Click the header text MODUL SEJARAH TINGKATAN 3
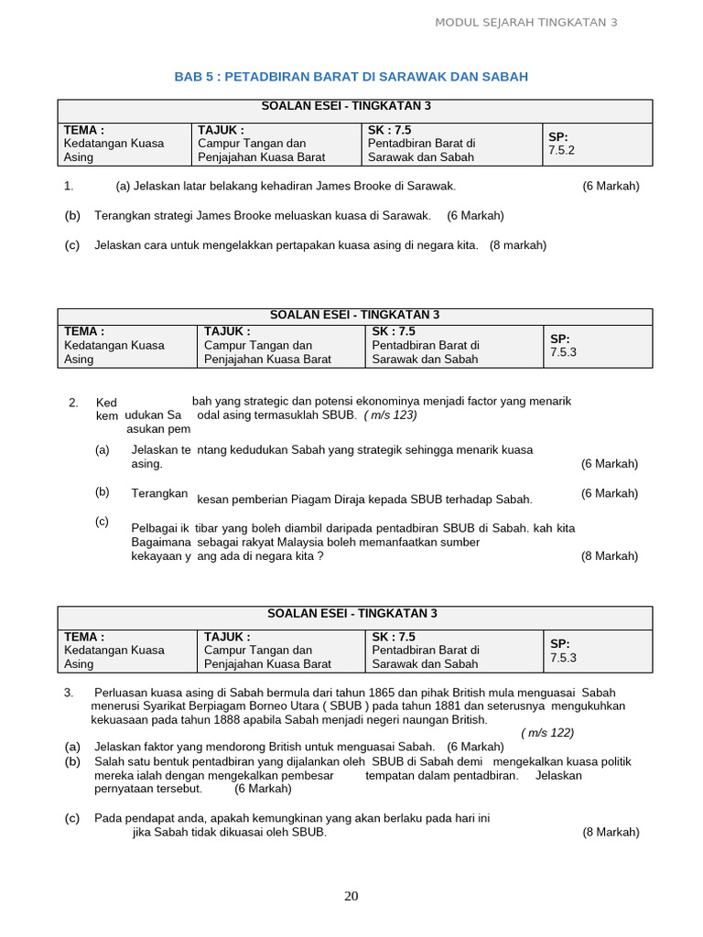pyautogui.click(x=525, y=22)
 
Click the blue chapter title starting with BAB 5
pyautogui.click(x=351, y=77)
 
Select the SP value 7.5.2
pyautogui.click(x=561, y=150)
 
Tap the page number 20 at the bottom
pyautogui.click(x=351, y=896)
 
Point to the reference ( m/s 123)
pyautogui.click(x=390, y=415)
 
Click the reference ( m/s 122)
pyautogui.click(x=547, y=732)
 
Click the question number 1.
pyautogui.click(x=69, y=187)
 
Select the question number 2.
pyautogui.click(x=73, y=402)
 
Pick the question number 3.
pyautogui.click(x=69, y=692)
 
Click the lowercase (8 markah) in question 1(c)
pyautogui.click(x=517, y=245)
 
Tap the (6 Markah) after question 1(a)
pyautogui.click(x=611, y=187)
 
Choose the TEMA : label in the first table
pyautogui.click(x=83, y=130)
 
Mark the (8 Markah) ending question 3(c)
pyautogui.click(x=611, y=832)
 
